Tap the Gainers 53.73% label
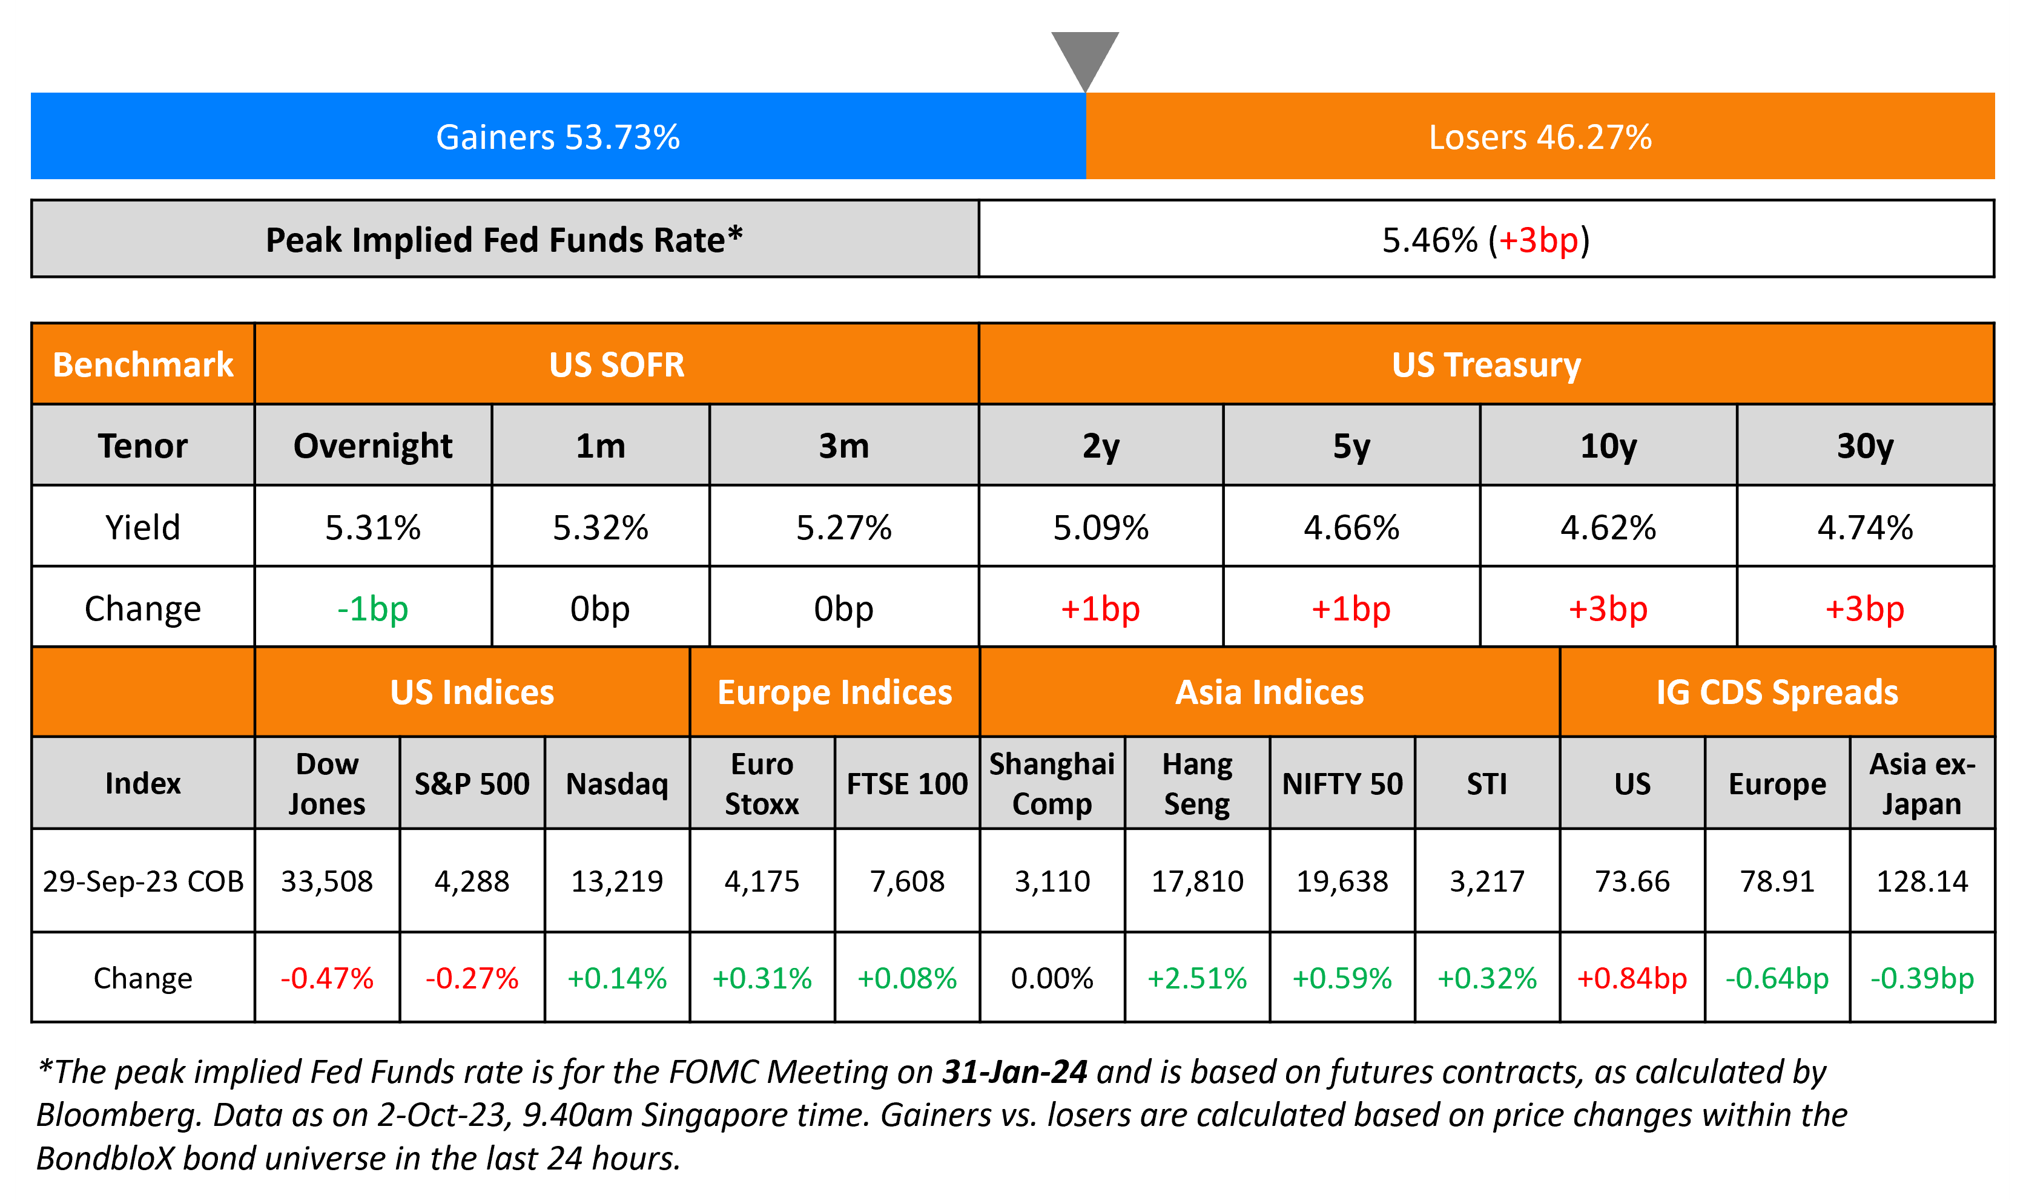pyautogui.click(x=558, y=137)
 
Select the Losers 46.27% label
pyautogui.click(x=1540, y=137)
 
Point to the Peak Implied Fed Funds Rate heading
pyautogui.click(x=503, y=240)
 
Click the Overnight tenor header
pyautogui.click(x=372, y=446)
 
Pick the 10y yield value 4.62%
pyautogui.click(x=1608, y=528)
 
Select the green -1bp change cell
pyautogui.click(x=372, y=608)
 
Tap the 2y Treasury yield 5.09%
pyautogui.click(x=1100, y=528)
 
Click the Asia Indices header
pyautogui.click(x=1269, y=693)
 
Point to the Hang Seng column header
pyautogui.click(x=1196, y=783)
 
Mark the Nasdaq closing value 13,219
pyautogui.click(x=617, y=881)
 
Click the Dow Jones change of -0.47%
pyautogui.click(x=327, y=978)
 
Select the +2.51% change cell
pyautogui.click(x=1196, y=978)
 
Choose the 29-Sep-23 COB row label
pyautogui.click(x=144, y=881)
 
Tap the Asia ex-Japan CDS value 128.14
pyautogui.click(x=1922, y=881)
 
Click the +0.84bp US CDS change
pyautogui.click(x=1632, y=978)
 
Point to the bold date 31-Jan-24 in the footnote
pyautogui.click(x=1014, y=1072)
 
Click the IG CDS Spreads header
pyautogui.click(x=1777, y=693)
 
